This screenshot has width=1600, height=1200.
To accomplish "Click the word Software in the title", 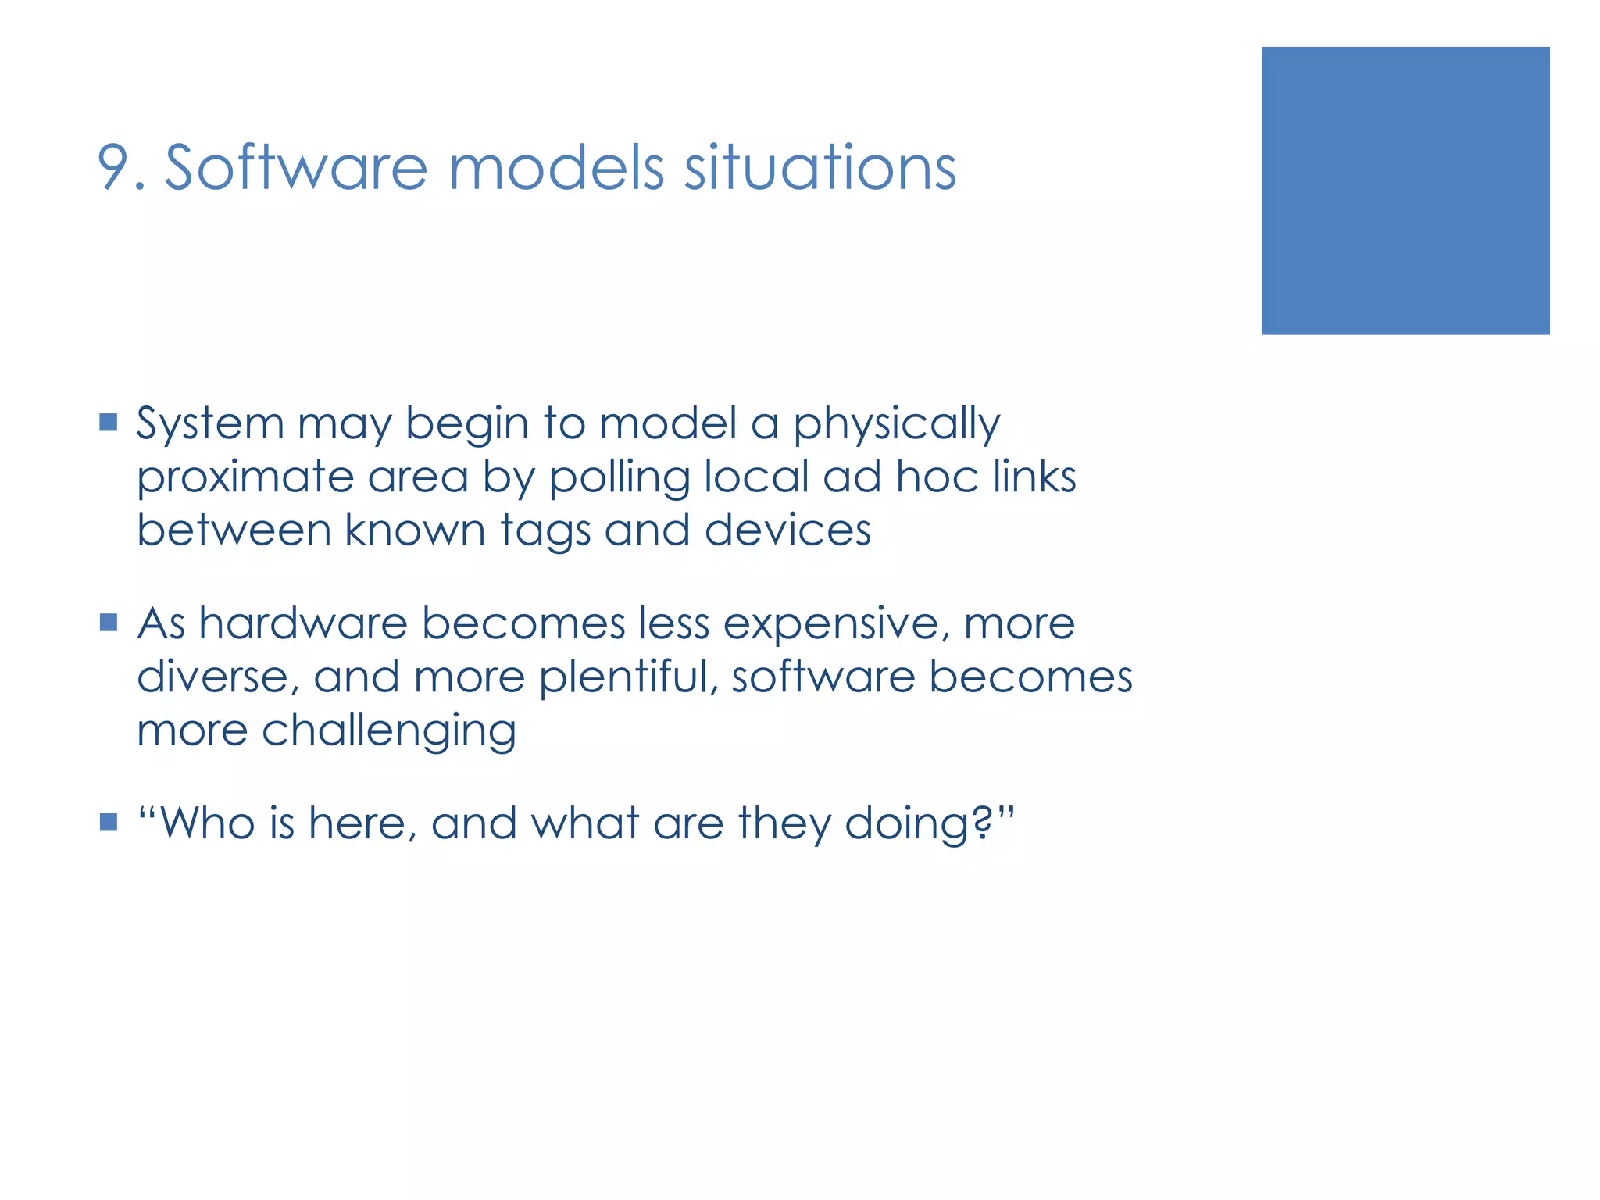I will coord(296,167).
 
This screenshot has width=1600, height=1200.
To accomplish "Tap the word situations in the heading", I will coord(820,167).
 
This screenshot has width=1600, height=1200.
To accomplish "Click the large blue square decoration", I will coord(1405,191).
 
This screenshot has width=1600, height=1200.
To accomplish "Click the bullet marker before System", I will coord(109,423).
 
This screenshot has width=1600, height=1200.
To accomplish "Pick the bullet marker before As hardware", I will coord(109,623).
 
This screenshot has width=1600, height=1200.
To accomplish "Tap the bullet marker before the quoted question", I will coord(109,822).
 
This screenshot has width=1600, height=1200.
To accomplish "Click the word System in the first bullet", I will coord(209,424).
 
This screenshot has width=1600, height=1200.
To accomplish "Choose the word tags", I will coord(545,531).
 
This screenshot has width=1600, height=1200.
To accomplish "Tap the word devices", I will coord(787,530).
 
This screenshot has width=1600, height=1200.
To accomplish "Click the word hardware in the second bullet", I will coord(303,623).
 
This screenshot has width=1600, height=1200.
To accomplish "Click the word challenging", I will coord(388,731).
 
